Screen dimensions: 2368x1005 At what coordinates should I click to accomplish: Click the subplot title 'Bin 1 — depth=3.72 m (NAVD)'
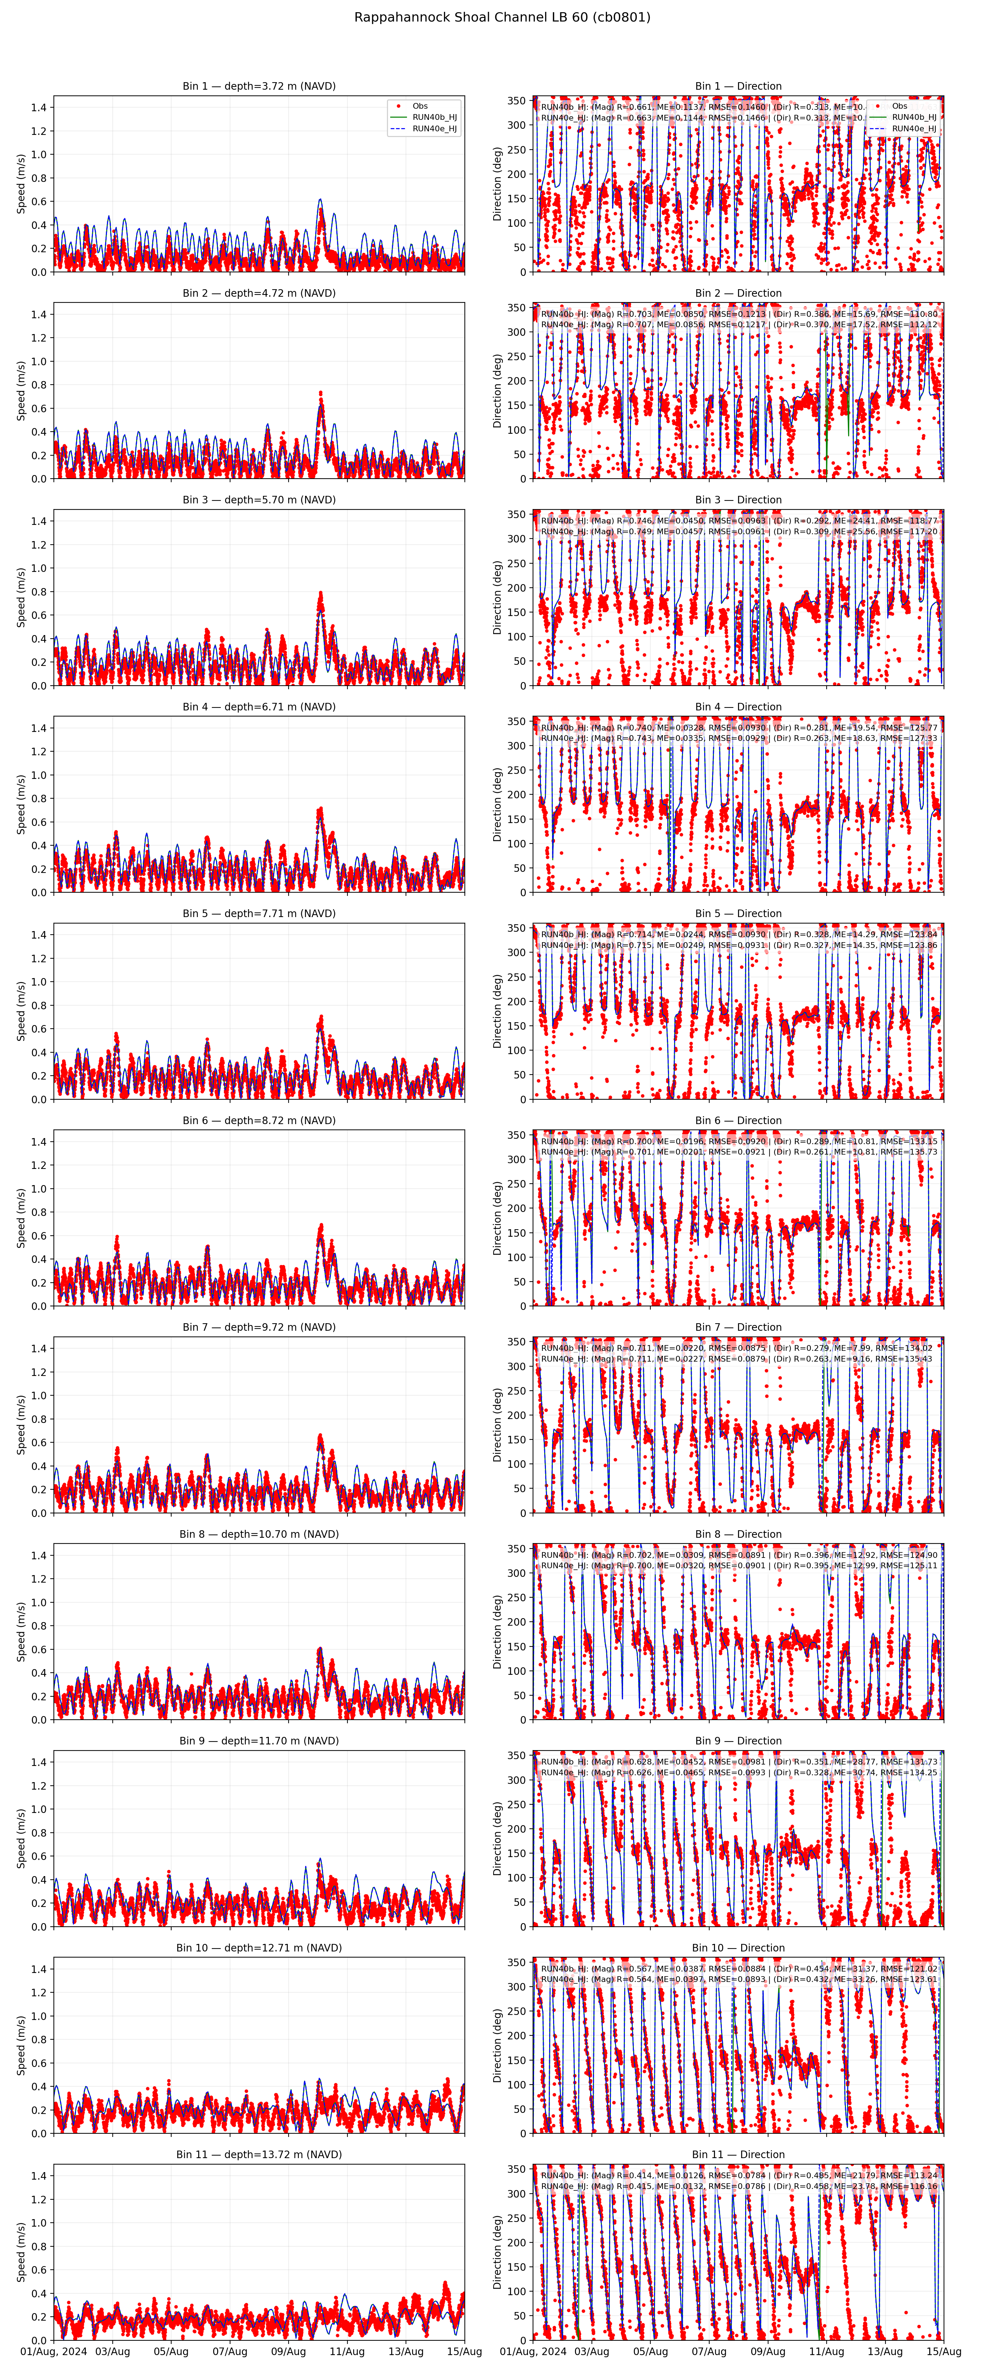[x=258, y=86]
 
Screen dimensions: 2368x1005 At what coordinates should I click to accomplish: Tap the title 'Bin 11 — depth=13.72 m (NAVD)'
[x=258, y=2155]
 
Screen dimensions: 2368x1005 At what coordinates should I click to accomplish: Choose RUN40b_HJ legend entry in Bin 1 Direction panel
[x=913, y=118]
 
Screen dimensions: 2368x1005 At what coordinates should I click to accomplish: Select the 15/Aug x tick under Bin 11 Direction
[x=943, y=2351]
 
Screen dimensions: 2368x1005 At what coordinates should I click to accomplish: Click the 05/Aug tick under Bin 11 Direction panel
[x=650, y=2351]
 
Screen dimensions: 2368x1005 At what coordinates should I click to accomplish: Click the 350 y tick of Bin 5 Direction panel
[x=518, y=929]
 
